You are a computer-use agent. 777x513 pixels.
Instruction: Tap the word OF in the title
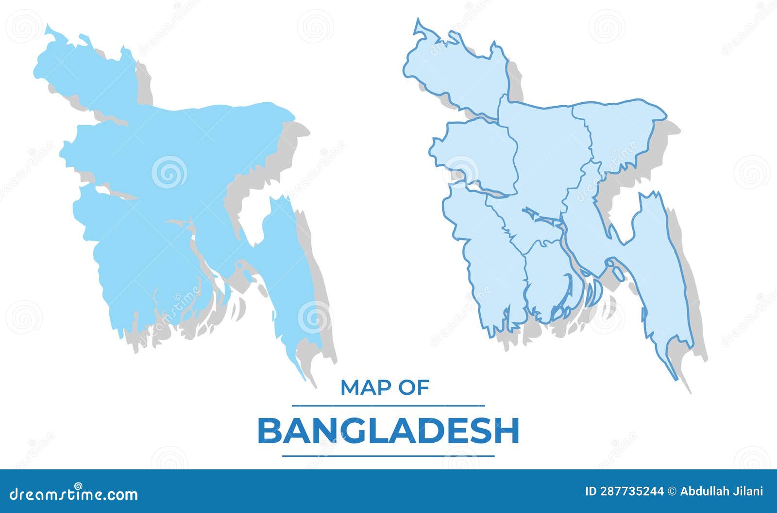413,387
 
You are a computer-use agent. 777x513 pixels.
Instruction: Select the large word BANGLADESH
388,431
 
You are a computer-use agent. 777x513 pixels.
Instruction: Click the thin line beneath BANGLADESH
388,456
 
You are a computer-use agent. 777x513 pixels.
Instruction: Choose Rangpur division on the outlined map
456,73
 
